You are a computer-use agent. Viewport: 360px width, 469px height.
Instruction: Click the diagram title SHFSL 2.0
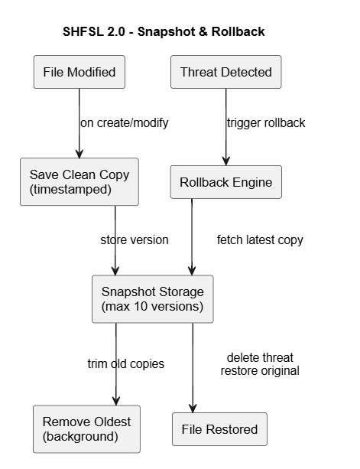(x=164, y=32)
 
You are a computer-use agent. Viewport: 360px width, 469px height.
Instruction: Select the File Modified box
(x=79, y=73)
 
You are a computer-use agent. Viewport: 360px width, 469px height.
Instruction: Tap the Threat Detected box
(x=225, y=73)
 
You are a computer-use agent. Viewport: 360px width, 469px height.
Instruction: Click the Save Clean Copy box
(x=79, y=182)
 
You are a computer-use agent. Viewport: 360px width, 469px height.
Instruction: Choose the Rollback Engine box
(x=225, y=182)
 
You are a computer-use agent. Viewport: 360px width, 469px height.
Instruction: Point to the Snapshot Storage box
(x=152, y=299)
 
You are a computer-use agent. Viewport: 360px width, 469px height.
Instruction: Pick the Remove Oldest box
(x=86, y=428)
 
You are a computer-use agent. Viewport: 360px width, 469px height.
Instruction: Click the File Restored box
(x=220, y=428)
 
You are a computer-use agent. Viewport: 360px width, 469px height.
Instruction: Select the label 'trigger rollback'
(x=266, y=122)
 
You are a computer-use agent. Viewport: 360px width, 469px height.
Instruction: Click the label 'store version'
(x=135, y=239)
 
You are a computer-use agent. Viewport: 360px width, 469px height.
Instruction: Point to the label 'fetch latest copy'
(x=260, y=239)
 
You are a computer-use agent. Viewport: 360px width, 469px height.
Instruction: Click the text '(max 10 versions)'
(x=152, y=307)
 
